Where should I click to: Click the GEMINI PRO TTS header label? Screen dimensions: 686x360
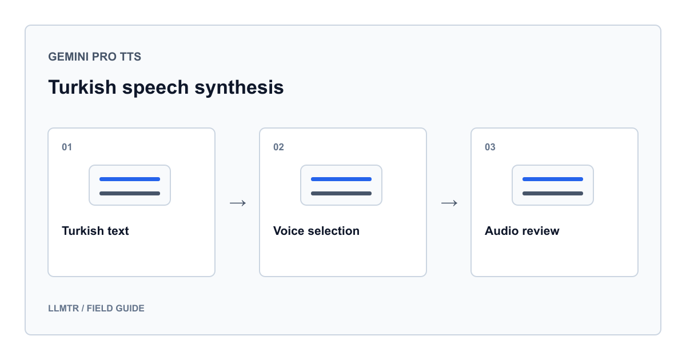(95, 57)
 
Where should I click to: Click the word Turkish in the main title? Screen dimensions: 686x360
(82, 87)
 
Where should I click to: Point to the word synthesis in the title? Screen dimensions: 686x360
(239, 88)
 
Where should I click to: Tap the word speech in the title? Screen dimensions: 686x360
(155, 88)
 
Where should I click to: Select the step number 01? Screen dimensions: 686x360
(67, 147)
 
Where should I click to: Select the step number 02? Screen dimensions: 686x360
(278, 147)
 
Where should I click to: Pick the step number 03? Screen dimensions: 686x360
(490, 147)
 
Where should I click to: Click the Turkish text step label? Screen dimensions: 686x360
(95, 231)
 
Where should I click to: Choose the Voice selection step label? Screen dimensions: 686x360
(316, 231)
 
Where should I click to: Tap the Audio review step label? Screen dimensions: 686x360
(522, 231)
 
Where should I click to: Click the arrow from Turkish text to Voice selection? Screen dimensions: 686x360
(238, 203)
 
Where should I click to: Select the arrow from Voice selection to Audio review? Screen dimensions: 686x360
(449, 203)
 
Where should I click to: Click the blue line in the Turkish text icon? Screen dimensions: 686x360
(130, 179)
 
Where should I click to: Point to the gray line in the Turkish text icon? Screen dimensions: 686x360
(130, 194)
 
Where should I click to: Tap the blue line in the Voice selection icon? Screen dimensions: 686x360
(341, 179)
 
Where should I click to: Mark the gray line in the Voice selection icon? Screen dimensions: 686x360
(341, 194)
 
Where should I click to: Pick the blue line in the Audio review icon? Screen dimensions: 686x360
(553, 179)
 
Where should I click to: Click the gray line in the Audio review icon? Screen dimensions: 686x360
(553, 194)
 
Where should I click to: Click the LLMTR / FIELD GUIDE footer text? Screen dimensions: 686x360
(96, 308)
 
